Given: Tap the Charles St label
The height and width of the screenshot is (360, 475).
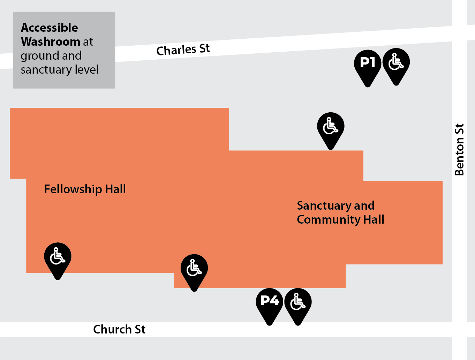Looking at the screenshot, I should pos(183,50).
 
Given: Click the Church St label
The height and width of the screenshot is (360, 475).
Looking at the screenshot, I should pos(119,329).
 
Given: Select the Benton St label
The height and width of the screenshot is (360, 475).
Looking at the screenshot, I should pos(459,149).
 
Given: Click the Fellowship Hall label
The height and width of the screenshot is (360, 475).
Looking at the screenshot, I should pos(85,189).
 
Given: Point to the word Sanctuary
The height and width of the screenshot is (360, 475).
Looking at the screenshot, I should pos(324,206).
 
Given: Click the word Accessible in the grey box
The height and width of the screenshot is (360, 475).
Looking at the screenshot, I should pos(50,28).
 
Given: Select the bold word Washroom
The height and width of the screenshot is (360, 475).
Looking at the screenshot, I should pos(51,42).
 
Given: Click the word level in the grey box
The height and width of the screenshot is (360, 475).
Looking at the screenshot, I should pos(87,69).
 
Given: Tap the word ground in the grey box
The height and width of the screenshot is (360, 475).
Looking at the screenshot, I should pos(40,56).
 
